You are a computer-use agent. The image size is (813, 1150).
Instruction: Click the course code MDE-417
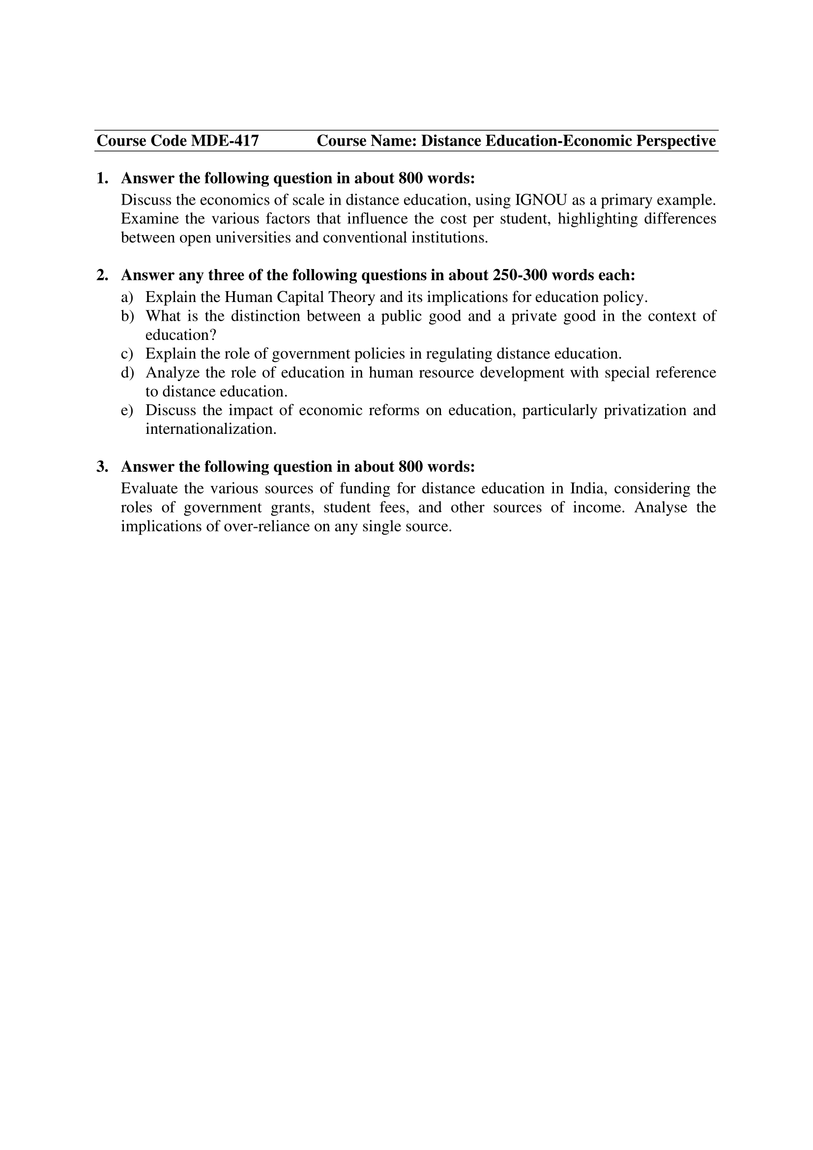pyautogui.click(x=225, y=141)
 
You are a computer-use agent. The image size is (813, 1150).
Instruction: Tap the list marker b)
pyautogui.click(x=128, y=316)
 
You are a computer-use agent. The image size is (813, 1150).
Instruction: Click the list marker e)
pyautogui.click(x=127, y=410)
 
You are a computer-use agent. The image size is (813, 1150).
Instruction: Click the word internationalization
pyautogui.click(x=211, y=429)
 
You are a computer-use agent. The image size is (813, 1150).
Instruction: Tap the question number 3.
pyautogui.click(x=102, y=467)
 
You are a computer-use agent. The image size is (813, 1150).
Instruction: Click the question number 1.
pyautogui.click(x=102, y=179)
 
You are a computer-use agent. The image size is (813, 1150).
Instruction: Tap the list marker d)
pyautogui.click(x=128, y=373)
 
